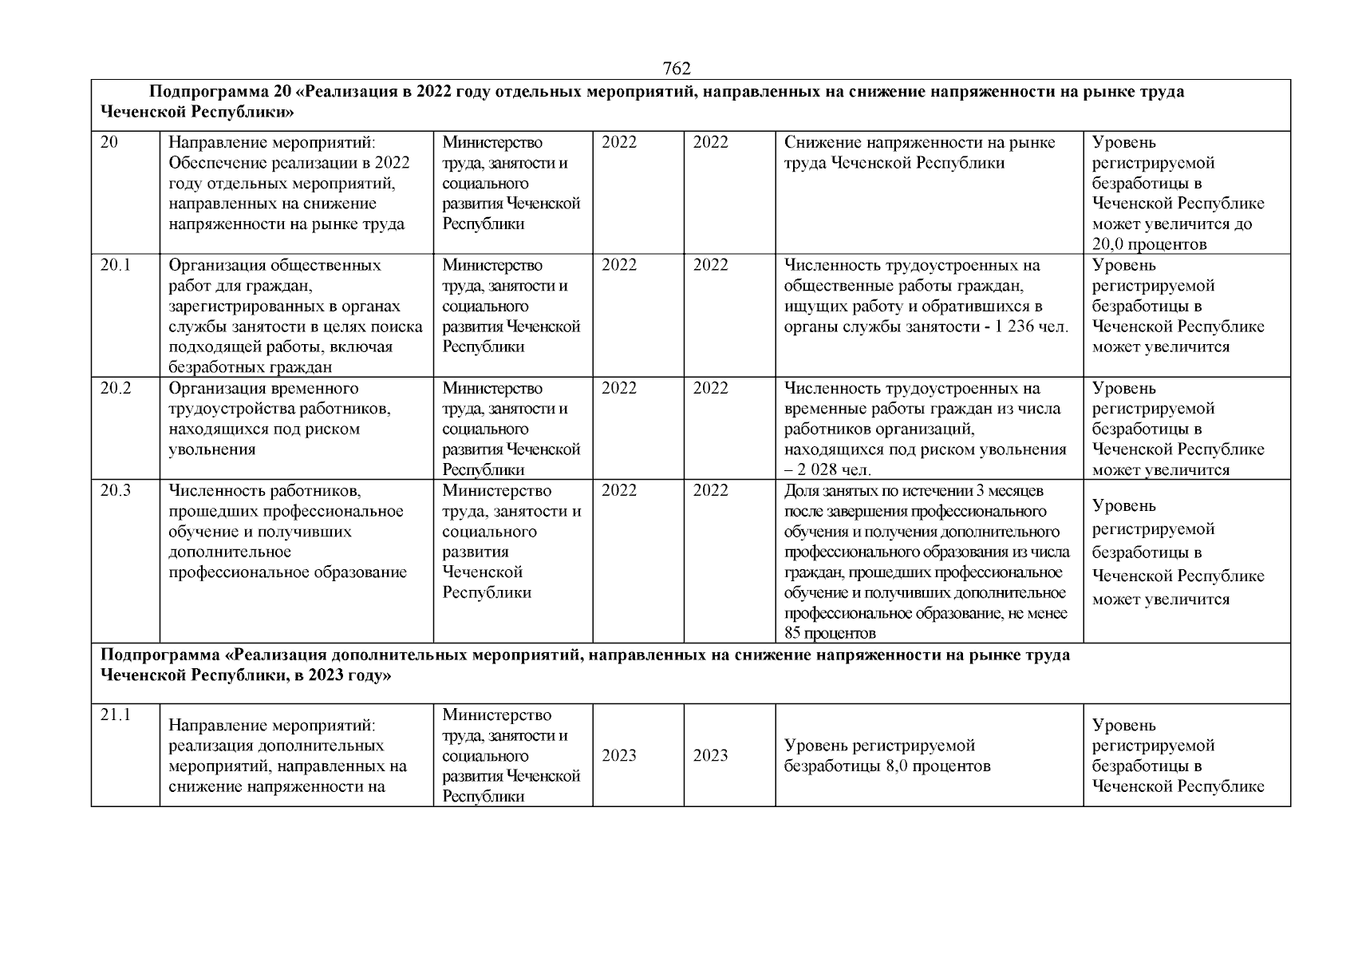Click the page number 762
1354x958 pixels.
[x=676, y=69]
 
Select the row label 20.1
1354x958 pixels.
[x=115, y=265]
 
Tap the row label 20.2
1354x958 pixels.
[x=115, y=388]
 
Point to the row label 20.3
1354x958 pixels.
[x=115, y=490]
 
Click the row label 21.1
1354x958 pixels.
[x=115, y=715]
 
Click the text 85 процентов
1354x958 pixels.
[x=830, y=634]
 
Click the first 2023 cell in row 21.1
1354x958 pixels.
[x=618, y=755]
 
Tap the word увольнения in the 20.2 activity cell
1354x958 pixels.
[x=211, y=449]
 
